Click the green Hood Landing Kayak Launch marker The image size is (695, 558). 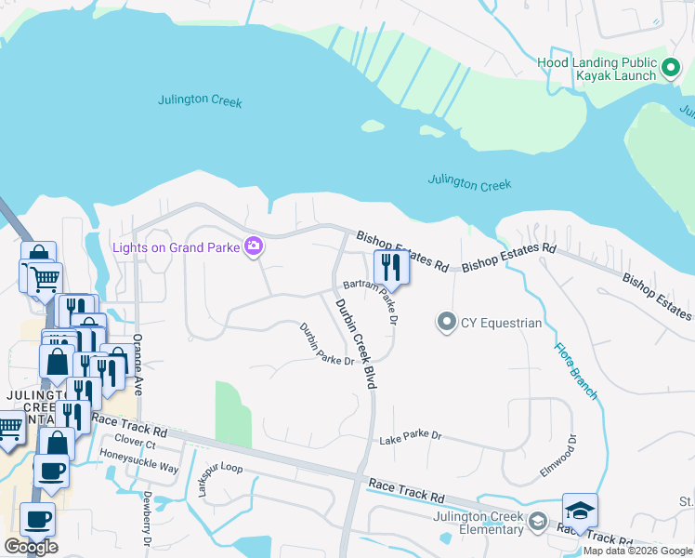(x=671, y=68)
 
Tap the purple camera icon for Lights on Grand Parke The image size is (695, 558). (x=253, y=246)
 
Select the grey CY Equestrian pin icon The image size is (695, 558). (x=447, y=323)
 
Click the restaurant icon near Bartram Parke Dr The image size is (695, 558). (x=391, y=268)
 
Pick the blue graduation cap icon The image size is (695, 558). (x=580, y=511)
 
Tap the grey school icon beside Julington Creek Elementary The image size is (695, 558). (x=538, y=523)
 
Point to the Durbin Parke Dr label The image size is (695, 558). (x=326, y=343)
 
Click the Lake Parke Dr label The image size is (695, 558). (x=410, y=436)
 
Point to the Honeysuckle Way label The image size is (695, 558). (x=139, y=468)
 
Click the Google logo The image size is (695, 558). (x=31, y=547)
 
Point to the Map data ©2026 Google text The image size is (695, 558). (x=637, y=551)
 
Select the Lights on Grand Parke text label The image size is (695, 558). (x=175, y=246)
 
